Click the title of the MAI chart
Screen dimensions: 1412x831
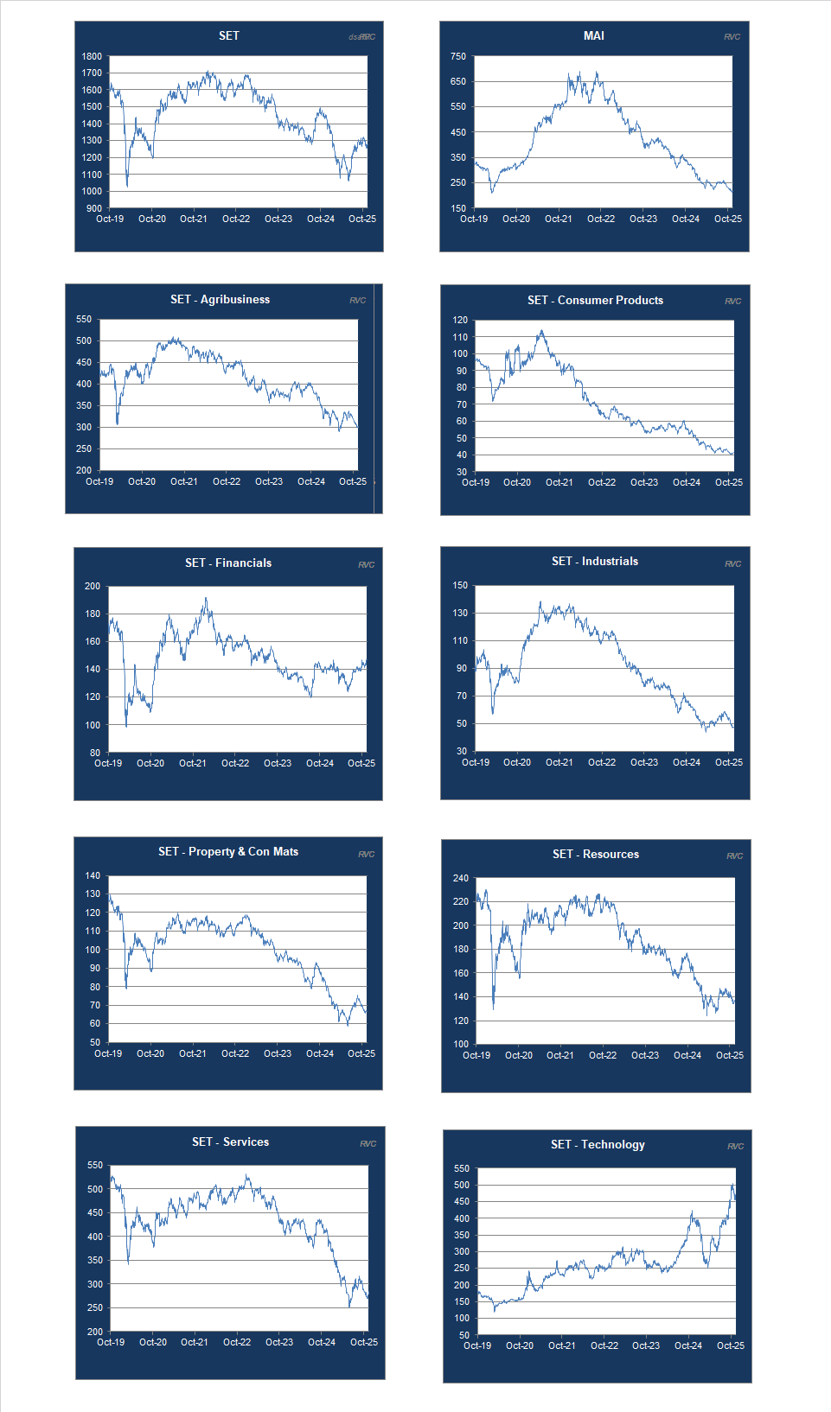coord(594,35)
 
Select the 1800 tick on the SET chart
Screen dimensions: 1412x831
coord(92,56)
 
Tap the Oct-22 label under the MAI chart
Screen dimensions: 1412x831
coord(601,219)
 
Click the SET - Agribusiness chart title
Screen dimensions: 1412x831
coord(220,299)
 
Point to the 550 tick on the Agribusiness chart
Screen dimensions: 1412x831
coord(84,319)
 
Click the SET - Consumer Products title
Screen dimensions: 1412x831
coord(595,300)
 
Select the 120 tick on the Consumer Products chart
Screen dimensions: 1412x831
coord(460,320)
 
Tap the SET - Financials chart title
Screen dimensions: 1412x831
coord(228,563)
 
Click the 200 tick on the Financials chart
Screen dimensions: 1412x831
coord(93,586)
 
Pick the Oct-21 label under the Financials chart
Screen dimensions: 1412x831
coord(193,763)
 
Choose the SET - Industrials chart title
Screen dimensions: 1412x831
coord(595,561)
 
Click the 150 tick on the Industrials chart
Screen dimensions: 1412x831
coord(460,585)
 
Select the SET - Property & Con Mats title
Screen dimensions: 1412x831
coord(228,851)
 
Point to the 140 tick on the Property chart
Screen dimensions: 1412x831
coord(93,875)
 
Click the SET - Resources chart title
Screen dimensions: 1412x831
coord(596,854)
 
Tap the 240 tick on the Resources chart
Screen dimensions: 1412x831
coord(461,878)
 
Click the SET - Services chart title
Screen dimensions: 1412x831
coord(230,1142)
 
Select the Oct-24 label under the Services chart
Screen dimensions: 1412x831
coord(322,1342)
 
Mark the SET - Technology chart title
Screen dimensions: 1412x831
coord(598,1144)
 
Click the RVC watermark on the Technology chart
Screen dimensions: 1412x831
coord(735,1146)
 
